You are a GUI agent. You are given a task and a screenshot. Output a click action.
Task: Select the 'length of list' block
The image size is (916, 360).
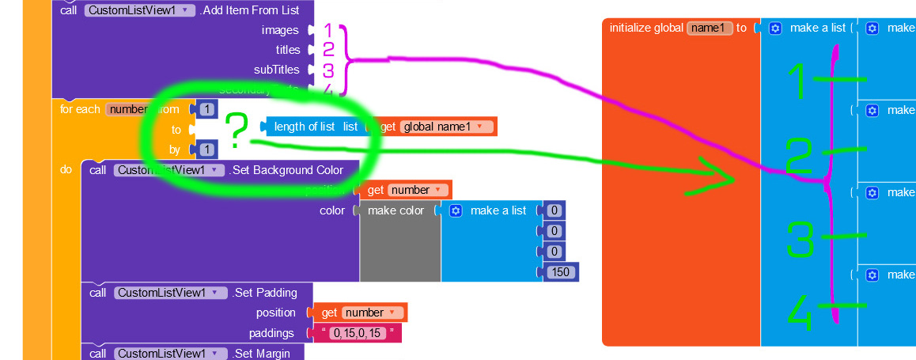pos(304,127)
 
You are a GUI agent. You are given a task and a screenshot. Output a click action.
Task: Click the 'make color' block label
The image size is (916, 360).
pos(396,210)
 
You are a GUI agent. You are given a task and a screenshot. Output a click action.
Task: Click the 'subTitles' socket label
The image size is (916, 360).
pos(276,70)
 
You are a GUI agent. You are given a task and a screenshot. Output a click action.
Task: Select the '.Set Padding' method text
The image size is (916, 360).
pos(264,293)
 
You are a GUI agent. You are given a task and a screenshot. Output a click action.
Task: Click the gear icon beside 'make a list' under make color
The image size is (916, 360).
pos(456,210)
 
